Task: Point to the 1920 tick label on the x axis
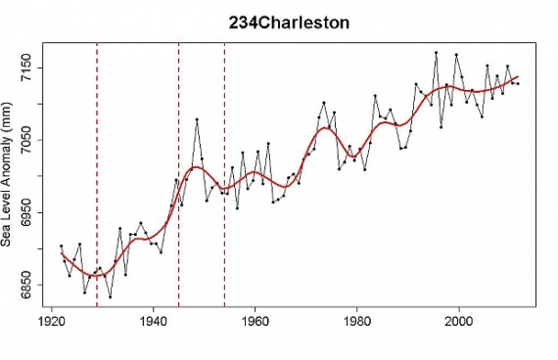pyautogui.click(x=51, y=319)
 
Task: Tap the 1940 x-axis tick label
pyautogui.click(x=153, y=319)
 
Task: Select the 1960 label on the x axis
pyautogui.click(x=255, y=319)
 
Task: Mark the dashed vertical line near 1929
pyautogui.click(x=97, y=176)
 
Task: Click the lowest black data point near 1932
pyautogui.click(x=111, y=296)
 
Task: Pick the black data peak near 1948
pyautogui.click(x=197, y=119)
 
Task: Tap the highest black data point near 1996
pyautogui.click(x=437, y=53)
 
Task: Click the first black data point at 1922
pyautogui.click(x=61, y=246)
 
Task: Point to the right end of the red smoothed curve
pyautogui.click(x=518, y=76)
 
